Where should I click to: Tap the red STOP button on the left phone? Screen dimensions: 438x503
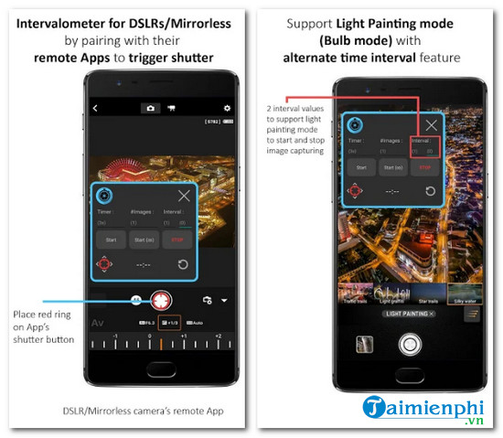pos(176,240)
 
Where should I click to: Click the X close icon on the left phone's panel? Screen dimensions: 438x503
pos(185,196)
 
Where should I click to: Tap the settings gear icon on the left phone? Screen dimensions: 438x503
pos(227,108)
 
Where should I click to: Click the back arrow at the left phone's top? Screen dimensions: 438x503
pos(95,108)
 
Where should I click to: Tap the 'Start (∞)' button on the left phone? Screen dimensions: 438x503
pos(142,240)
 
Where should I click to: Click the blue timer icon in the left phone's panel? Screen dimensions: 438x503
pos(106,196)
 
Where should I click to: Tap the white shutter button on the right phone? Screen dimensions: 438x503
pos(409,345)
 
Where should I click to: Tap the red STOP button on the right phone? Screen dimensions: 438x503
pos(425,167)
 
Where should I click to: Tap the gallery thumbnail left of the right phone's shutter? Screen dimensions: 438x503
pos(364,345)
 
